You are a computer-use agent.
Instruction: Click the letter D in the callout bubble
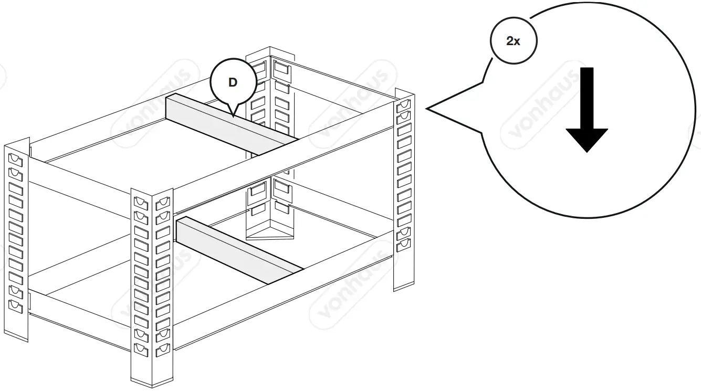pos(233,82)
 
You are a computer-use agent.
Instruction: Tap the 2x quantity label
pos(513,41)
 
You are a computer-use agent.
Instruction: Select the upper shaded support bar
pos(231,124)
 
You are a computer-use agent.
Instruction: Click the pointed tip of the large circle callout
pos(427,109)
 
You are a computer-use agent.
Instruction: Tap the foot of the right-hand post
pos(403,283)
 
